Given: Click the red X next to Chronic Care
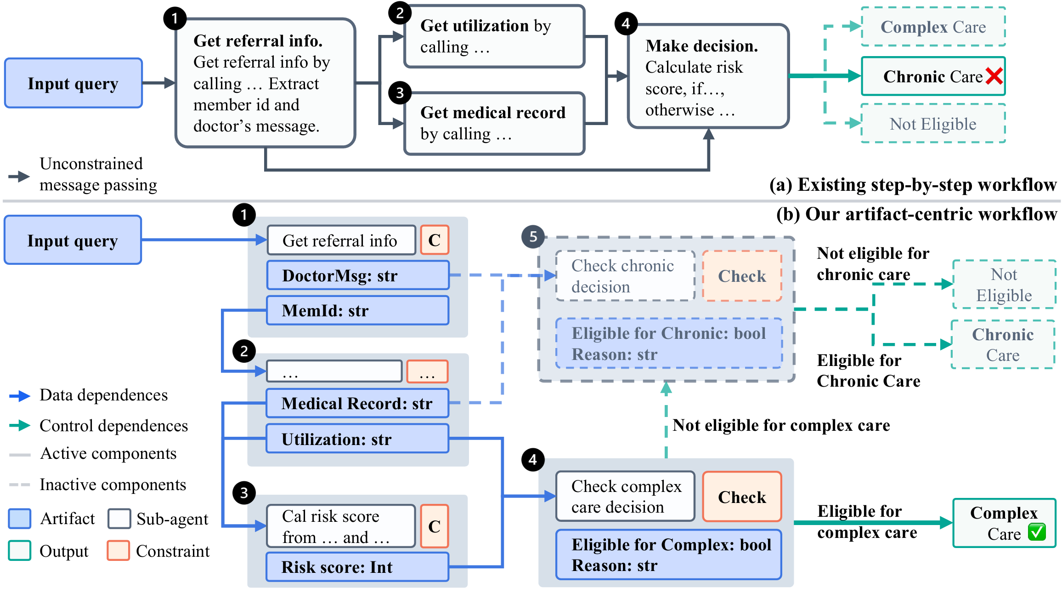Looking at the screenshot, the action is (x=994, y=76).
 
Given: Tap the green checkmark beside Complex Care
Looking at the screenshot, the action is (x=1037, y=532).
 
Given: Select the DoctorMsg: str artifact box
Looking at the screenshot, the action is (x=358, y=275).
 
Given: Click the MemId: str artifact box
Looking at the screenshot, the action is (x=358, y=310).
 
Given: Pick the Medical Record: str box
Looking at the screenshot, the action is (x=358, y=403).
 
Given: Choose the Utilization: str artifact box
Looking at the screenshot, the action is (x=358, y=439).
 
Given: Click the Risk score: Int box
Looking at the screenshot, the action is (x=358, y=567).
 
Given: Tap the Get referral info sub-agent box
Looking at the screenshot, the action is (x=341, y=240).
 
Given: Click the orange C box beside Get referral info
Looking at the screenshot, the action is (x=435, y=240).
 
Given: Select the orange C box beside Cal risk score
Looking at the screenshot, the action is (x=435, y=526).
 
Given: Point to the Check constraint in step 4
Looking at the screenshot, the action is (x=742, y=497).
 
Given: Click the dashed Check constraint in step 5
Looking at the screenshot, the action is (x=742, y=276).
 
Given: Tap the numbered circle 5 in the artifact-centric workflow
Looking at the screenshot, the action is (x=533, y=237).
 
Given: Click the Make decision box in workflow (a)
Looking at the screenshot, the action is (x=708, y=76).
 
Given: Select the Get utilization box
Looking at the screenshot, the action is (x=494, y=36).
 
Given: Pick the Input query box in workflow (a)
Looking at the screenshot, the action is (x=73, y=83).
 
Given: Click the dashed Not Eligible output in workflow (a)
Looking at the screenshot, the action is (x=933, y=123).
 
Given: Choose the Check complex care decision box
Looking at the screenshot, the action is (x=625, y=497).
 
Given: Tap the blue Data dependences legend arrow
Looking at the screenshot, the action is (x=20, y=395).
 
